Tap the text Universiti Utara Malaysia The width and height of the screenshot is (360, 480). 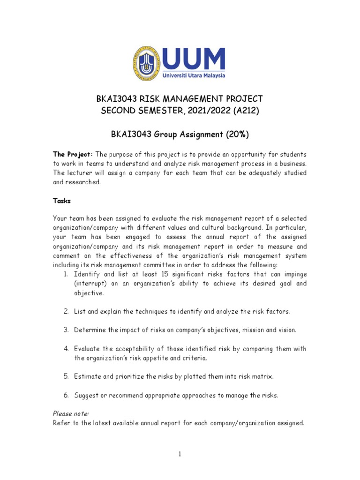[x=195, y=75]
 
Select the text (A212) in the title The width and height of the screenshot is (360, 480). [x=245, y=110]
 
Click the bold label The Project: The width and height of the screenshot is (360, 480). [x=73, y=154]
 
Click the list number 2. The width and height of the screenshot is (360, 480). [x=67, y=311]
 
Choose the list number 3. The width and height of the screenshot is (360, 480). [x=67, y=330]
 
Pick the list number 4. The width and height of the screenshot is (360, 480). [x=67, y=349]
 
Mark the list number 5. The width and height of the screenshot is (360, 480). [x=67, y=376]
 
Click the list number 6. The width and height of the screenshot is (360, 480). [x=67, y=395]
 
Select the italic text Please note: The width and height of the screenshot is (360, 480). [x=71, y=413]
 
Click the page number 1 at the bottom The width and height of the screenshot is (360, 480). [x=180, y=454]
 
